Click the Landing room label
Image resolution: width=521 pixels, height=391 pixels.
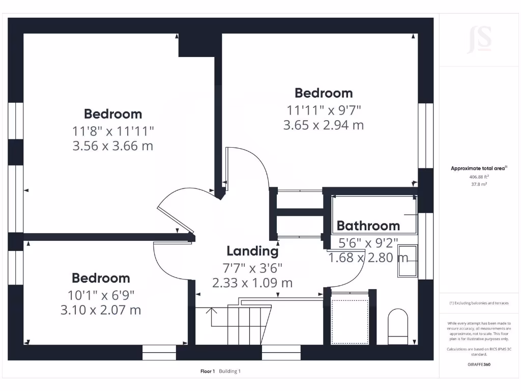[252, 251]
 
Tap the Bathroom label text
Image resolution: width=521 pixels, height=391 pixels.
[368, 226]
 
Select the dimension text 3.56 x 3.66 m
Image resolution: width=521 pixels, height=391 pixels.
[113, 146]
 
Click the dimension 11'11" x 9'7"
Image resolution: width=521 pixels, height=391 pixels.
[324, 109]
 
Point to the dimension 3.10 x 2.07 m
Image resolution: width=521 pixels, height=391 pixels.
[101, 310]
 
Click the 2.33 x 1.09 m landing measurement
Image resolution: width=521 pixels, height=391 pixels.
[252, 283]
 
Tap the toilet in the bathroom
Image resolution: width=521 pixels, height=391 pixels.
[398, 326]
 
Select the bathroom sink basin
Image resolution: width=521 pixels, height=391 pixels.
[407, 260]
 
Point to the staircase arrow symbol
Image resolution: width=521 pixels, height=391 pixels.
[212, 316]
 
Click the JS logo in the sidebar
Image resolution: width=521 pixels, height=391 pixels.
[479, 40]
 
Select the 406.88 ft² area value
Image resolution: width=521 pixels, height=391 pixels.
[479, 177]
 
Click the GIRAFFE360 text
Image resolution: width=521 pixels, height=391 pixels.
[479, 365]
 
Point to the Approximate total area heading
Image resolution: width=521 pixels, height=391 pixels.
[479, 168]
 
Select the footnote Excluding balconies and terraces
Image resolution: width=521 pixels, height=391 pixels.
[479, 303]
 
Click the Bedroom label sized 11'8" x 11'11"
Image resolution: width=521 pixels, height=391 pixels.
[113, 114]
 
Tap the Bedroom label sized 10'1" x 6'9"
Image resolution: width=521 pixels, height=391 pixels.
[101, 278]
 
